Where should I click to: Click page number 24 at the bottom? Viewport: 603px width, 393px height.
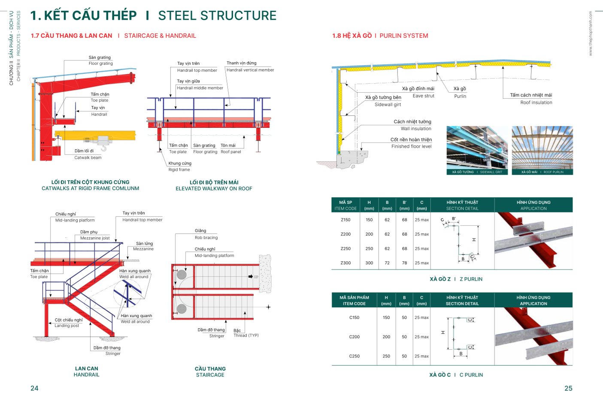click(x=34, y=388)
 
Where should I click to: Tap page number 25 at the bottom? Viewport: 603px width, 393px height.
click(x=568, y=388)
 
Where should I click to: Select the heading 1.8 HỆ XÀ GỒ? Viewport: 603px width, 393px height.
click(x=352, y=36)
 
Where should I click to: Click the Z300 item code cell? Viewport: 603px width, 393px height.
click(x=345, y=263)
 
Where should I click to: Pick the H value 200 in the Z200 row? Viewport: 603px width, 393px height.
click(x=369, y=234)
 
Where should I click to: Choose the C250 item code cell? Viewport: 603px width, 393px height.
click(x=354, y=356)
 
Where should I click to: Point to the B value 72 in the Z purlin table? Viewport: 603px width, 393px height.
click(x=387, y=263)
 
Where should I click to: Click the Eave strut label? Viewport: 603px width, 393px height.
click(x=423, y=96)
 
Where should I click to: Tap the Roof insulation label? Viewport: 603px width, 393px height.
click(x=536, y=103)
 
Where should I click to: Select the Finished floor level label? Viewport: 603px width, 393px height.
click(x=411, y=146)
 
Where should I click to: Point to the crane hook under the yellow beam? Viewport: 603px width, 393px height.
click(x=103, y=148)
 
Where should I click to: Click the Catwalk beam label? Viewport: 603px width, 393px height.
click(x=88, y=157)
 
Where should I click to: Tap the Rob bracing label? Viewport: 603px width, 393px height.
click(x=206, y=238)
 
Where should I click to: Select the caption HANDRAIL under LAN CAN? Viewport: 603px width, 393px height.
click(x=86, y=375)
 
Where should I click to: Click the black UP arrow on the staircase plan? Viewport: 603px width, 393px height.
click(x=251, y=277)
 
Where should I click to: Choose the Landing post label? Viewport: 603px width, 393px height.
click(x=67, y=326)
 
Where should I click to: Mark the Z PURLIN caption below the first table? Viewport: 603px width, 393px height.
click(x=471, y=279)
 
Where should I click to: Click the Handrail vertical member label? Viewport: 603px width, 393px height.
click(x=250, y=70)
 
